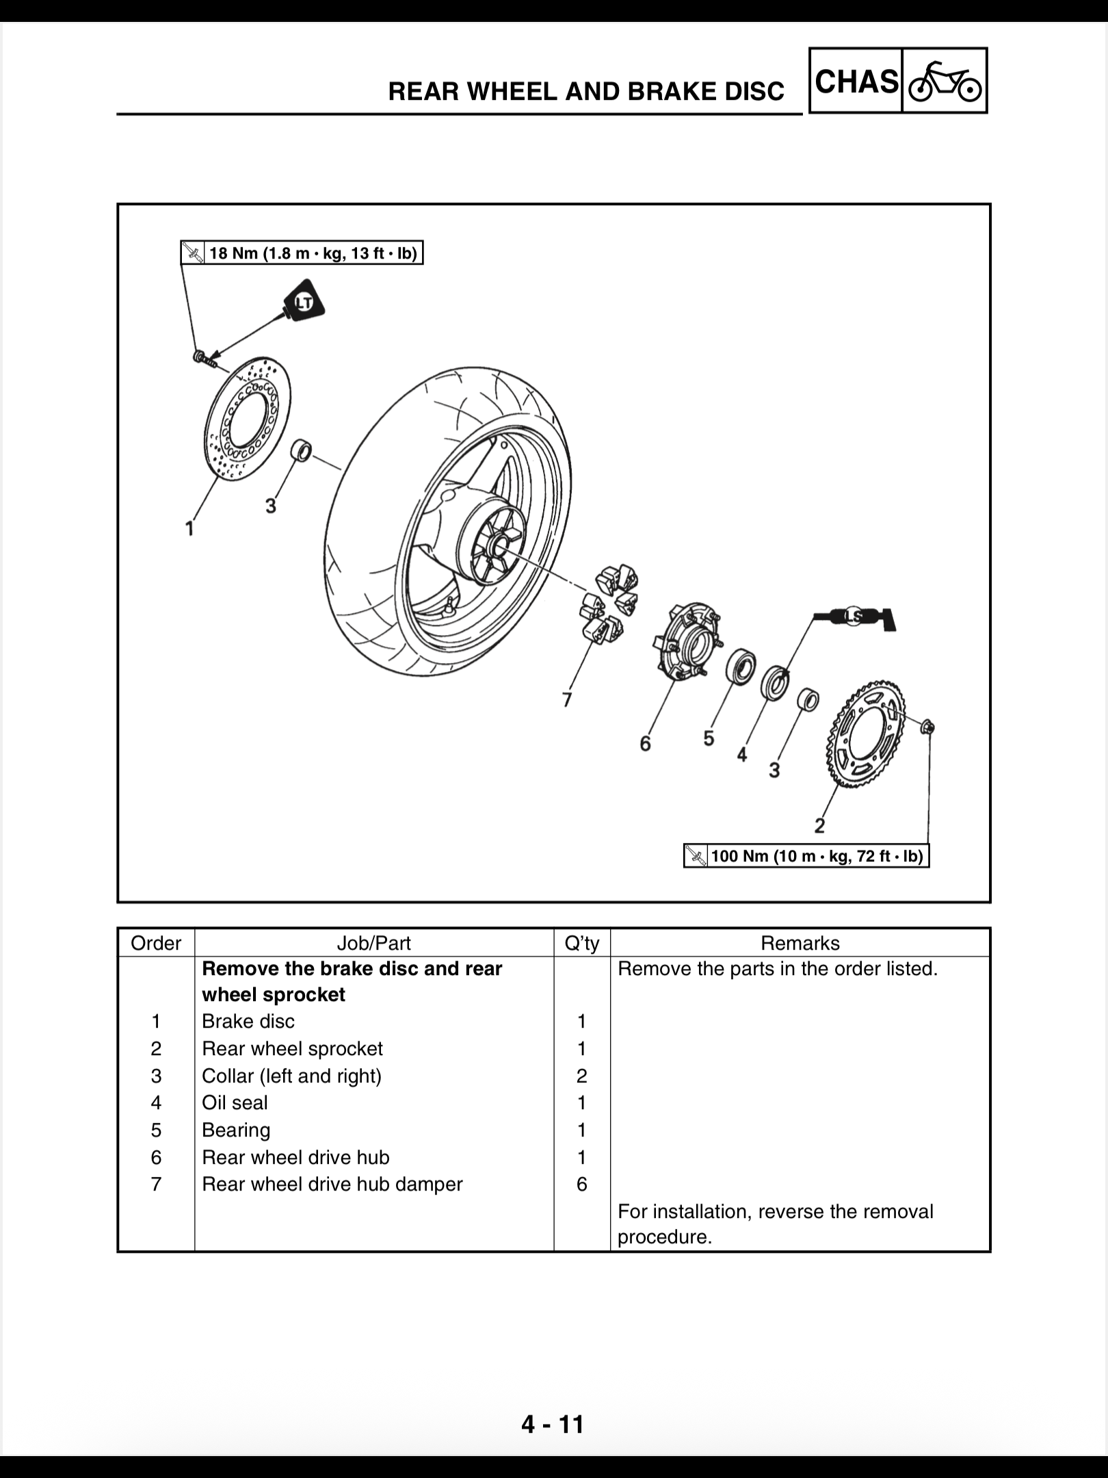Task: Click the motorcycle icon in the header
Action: pyautogui.click(x=945, y=81)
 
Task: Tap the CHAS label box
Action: pyautogui.click(x=856, y=81)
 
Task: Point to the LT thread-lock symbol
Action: pyautogui.click(x=304, y=301)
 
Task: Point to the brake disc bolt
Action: pyautogui.click(x=202, y=357)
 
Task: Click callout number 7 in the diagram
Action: pyautogui.click(x=566, y=699)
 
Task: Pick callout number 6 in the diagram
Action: pyautogui.click(x=645, y=744)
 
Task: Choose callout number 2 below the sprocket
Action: pyautogui.click(x=819, y=826)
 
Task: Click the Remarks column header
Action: pyautogui.click(x=800, y=943)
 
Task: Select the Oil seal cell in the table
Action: pyautogui.click(x=235, y=1102)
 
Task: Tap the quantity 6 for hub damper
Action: pyautogui.click(x=581, y=1184)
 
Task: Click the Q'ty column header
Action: pyautogui.click(x=581, y=943)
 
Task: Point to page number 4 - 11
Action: pyautogui.click(x=553, y=1424)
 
